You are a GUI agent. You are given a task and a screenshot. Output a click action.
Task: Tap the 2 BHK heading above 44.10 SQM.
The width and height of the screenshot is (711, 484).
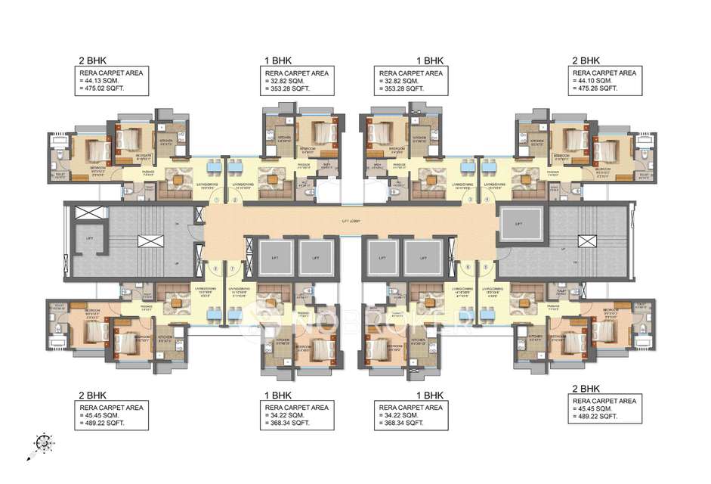pyautogui.click(x=586, y=59)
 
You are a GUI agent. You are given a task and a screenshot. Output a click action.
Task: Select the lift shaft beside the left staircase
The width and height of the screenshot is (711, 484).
pyautogui.click(x=89, y=238)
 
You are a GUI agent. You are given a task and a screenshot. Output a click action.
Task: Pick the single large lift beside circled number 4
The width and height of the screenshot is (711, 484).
pyautogui.click(x=518, y=225)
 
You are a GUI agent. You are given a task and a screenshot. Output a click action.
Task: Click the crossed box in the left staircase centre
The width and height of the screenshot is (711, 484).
pyautogui.click(x=147, y=243)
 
